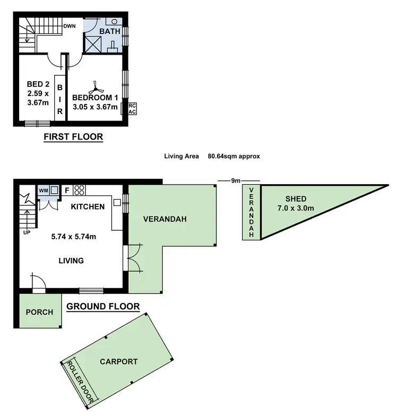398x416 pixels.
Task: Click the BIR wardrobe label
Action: pos(60,100)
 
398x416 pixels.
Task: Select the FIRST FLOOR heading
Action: pos(73,137)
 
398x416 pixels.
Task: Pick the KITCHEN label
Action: pos(88,206)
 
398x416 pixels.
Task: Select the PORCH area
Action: pos(39,312)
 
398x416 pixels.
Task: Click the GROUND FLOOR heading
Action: pos(103,307)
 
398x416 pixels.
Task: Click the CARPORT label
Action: pos(118,362)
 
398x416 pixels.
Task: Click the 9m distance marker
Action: pos(235,181)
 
